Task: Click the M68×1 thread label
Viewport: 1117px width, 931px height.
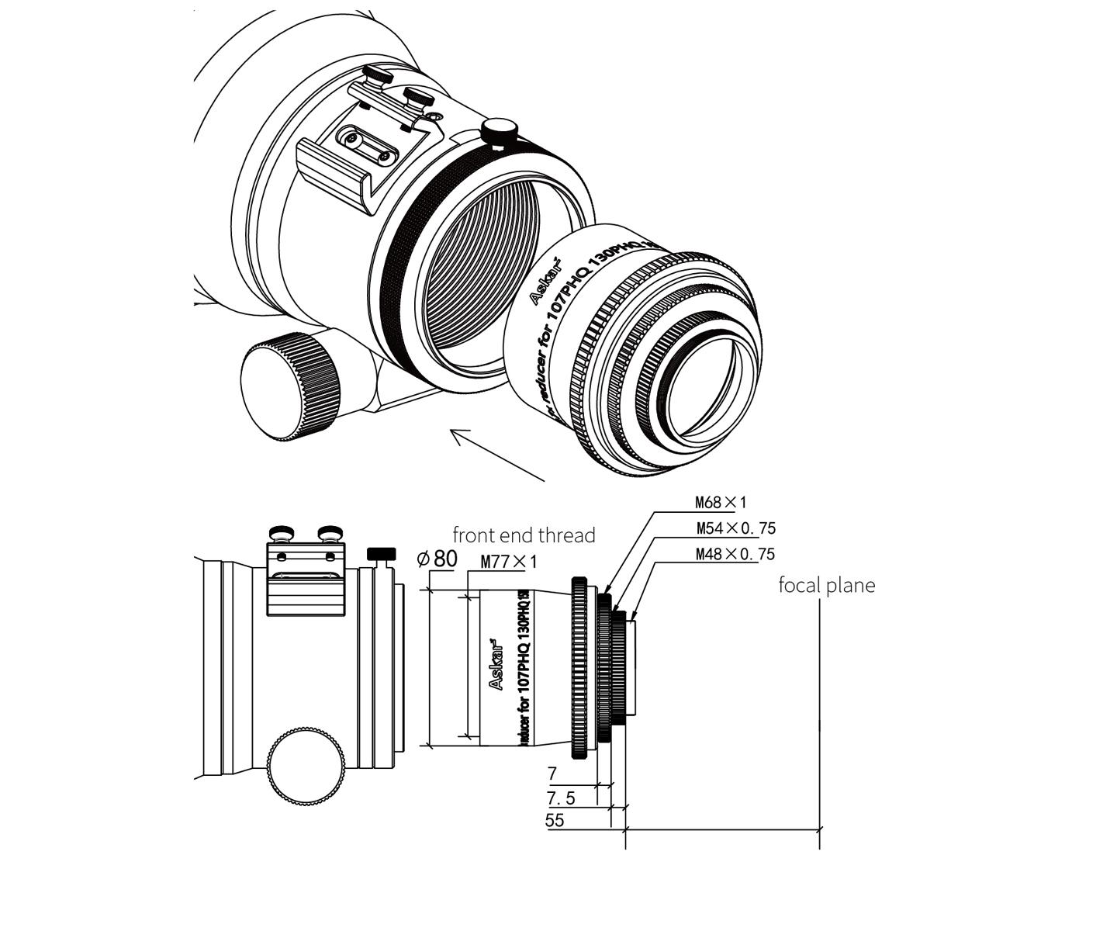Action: tap(721, 502)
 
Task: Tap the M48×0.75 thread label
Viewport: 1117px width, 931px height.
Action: tap(735, 554)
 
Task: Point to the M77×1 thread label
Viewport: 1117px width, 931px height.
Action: tap(508, 561)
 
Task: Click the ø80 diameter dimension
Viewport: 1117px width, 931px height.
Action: tap(437, 558)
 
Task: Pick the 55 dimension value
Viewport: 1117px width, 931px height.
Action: tap(555, 820)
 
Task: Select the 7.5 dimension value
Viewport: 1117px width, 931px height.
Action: tap(561, 798)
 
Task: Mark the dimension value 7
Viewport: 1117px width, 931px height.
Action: tap(552, 774)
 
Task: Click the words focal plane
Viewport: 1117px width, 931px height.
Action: tap(826, 585)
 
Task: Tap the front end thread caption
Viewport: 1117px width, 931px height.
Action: tap(524, 535)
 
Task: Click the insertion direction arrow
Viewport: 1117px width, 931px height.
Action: tap(496, 455)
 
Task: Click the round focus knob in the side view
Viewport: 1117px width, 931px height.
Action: tap(306, 766)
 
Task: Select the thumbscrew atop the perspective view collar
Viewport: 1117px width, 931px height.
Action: tap(499, 130)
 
